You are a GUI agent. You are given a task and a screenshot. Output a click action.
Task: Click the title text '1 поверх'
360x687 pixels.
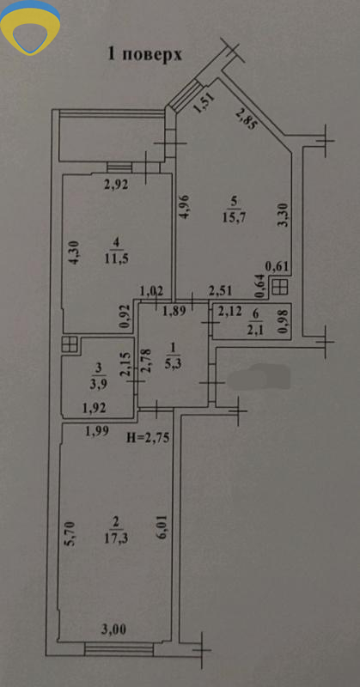(144, 55)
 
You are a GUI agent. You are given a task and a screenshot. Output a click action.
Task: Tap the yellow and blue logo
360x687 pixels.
(30, 27)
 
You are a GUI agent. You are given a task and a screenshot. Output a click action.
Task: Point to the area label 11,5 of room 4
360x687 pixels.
(116, 258)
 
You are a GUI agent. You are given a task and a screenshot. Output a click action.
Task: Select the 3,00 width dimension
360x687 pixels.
(114, 630)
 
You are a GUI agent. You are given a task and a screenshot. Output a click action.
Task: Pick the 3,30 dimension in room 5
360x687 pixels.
(284, 214)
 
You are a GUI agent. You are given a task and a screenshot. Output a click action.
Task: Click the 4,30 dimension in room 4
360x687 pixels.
(74, 252)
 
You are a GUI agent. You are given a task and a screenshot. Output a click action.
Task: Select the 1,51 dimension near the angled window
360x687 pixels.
(204, 103)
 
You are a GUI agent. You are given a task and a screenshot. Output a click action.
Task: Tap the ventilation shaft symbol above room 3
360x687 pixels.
(70, 344)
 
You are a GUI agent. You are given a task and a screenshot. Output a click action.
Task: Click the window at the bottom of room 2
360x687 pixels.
(119, 649)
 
